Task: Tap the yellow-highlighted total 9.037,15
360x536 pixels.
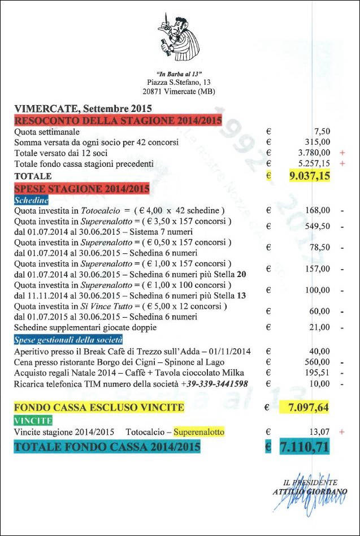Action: (309, 176)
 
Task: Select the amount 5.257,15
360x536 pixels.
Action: (315, 163)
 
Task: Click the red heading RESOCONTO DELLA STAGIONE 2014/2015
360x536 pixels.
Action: (118, 120)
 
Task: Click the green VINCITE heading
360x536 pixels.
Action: (33, 421)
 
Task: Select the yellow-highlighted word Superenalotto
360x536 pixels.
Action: (198, 432)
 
